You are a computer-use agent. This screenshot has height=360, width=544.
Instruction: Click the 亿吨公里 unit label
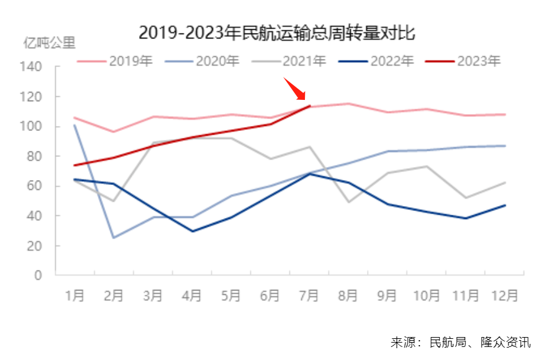[49, 43]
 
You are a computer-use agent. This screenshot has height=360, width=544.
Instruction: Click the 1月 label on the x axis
[75, 295]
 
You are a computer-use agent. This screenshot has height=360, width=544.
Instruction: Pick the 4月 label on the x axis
[192, 295]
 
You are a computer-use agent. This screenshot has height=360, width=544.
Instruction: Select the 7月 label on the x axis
[309, 295]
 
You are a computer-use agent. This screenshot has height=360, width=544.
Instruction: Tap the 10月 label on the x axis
[427, 295]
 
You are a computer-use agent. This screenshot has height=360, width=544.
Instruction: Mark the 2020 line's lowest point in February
[114, 238]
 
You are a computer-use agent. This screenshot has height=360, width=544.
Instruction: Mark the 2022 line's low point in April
[192, 231]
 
